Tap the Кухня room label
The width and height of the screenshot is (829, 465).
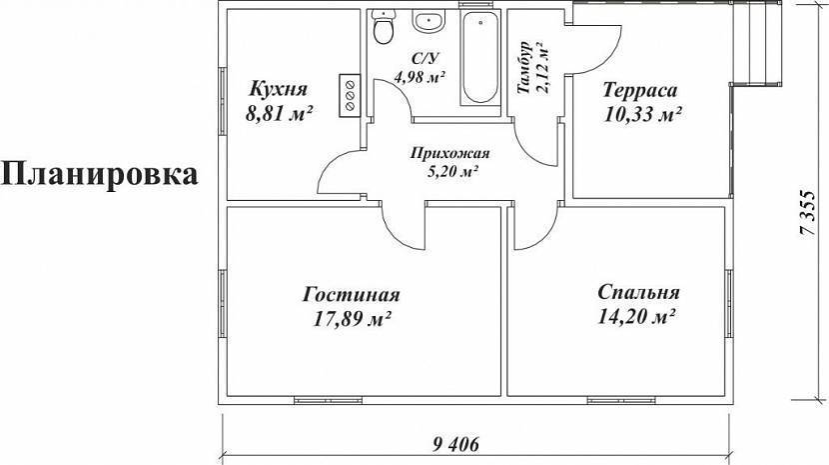[278, 88]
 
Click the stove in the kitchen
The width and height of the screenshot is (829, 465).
[350, 94]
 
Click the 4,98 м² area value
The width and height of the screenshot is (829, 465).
[419, 75]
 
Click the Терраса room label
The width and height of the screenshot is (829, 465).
[641, 90]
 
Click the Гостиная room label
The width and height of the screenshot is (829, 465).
[351, 295]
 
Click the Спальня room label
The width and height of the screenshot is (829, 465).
[639, 293]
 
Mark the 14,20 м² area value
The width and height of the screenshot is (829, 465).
[639, 318]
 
